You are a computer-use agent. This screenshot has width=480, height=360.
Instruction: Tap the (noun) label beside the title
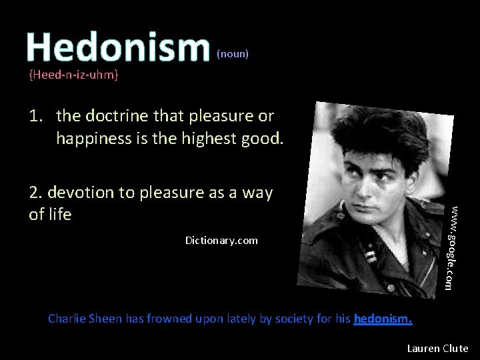[x=233, y=54]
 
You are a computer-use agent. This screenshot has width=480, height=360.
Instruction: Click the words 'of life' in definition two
[x=49, y=215]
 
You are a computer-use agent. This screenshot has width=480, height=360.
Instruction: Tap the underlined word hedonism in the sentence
[x=383, y=319]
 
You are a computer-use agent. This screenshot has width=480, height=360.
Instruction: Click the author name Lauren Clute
[x=437, y=348]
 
